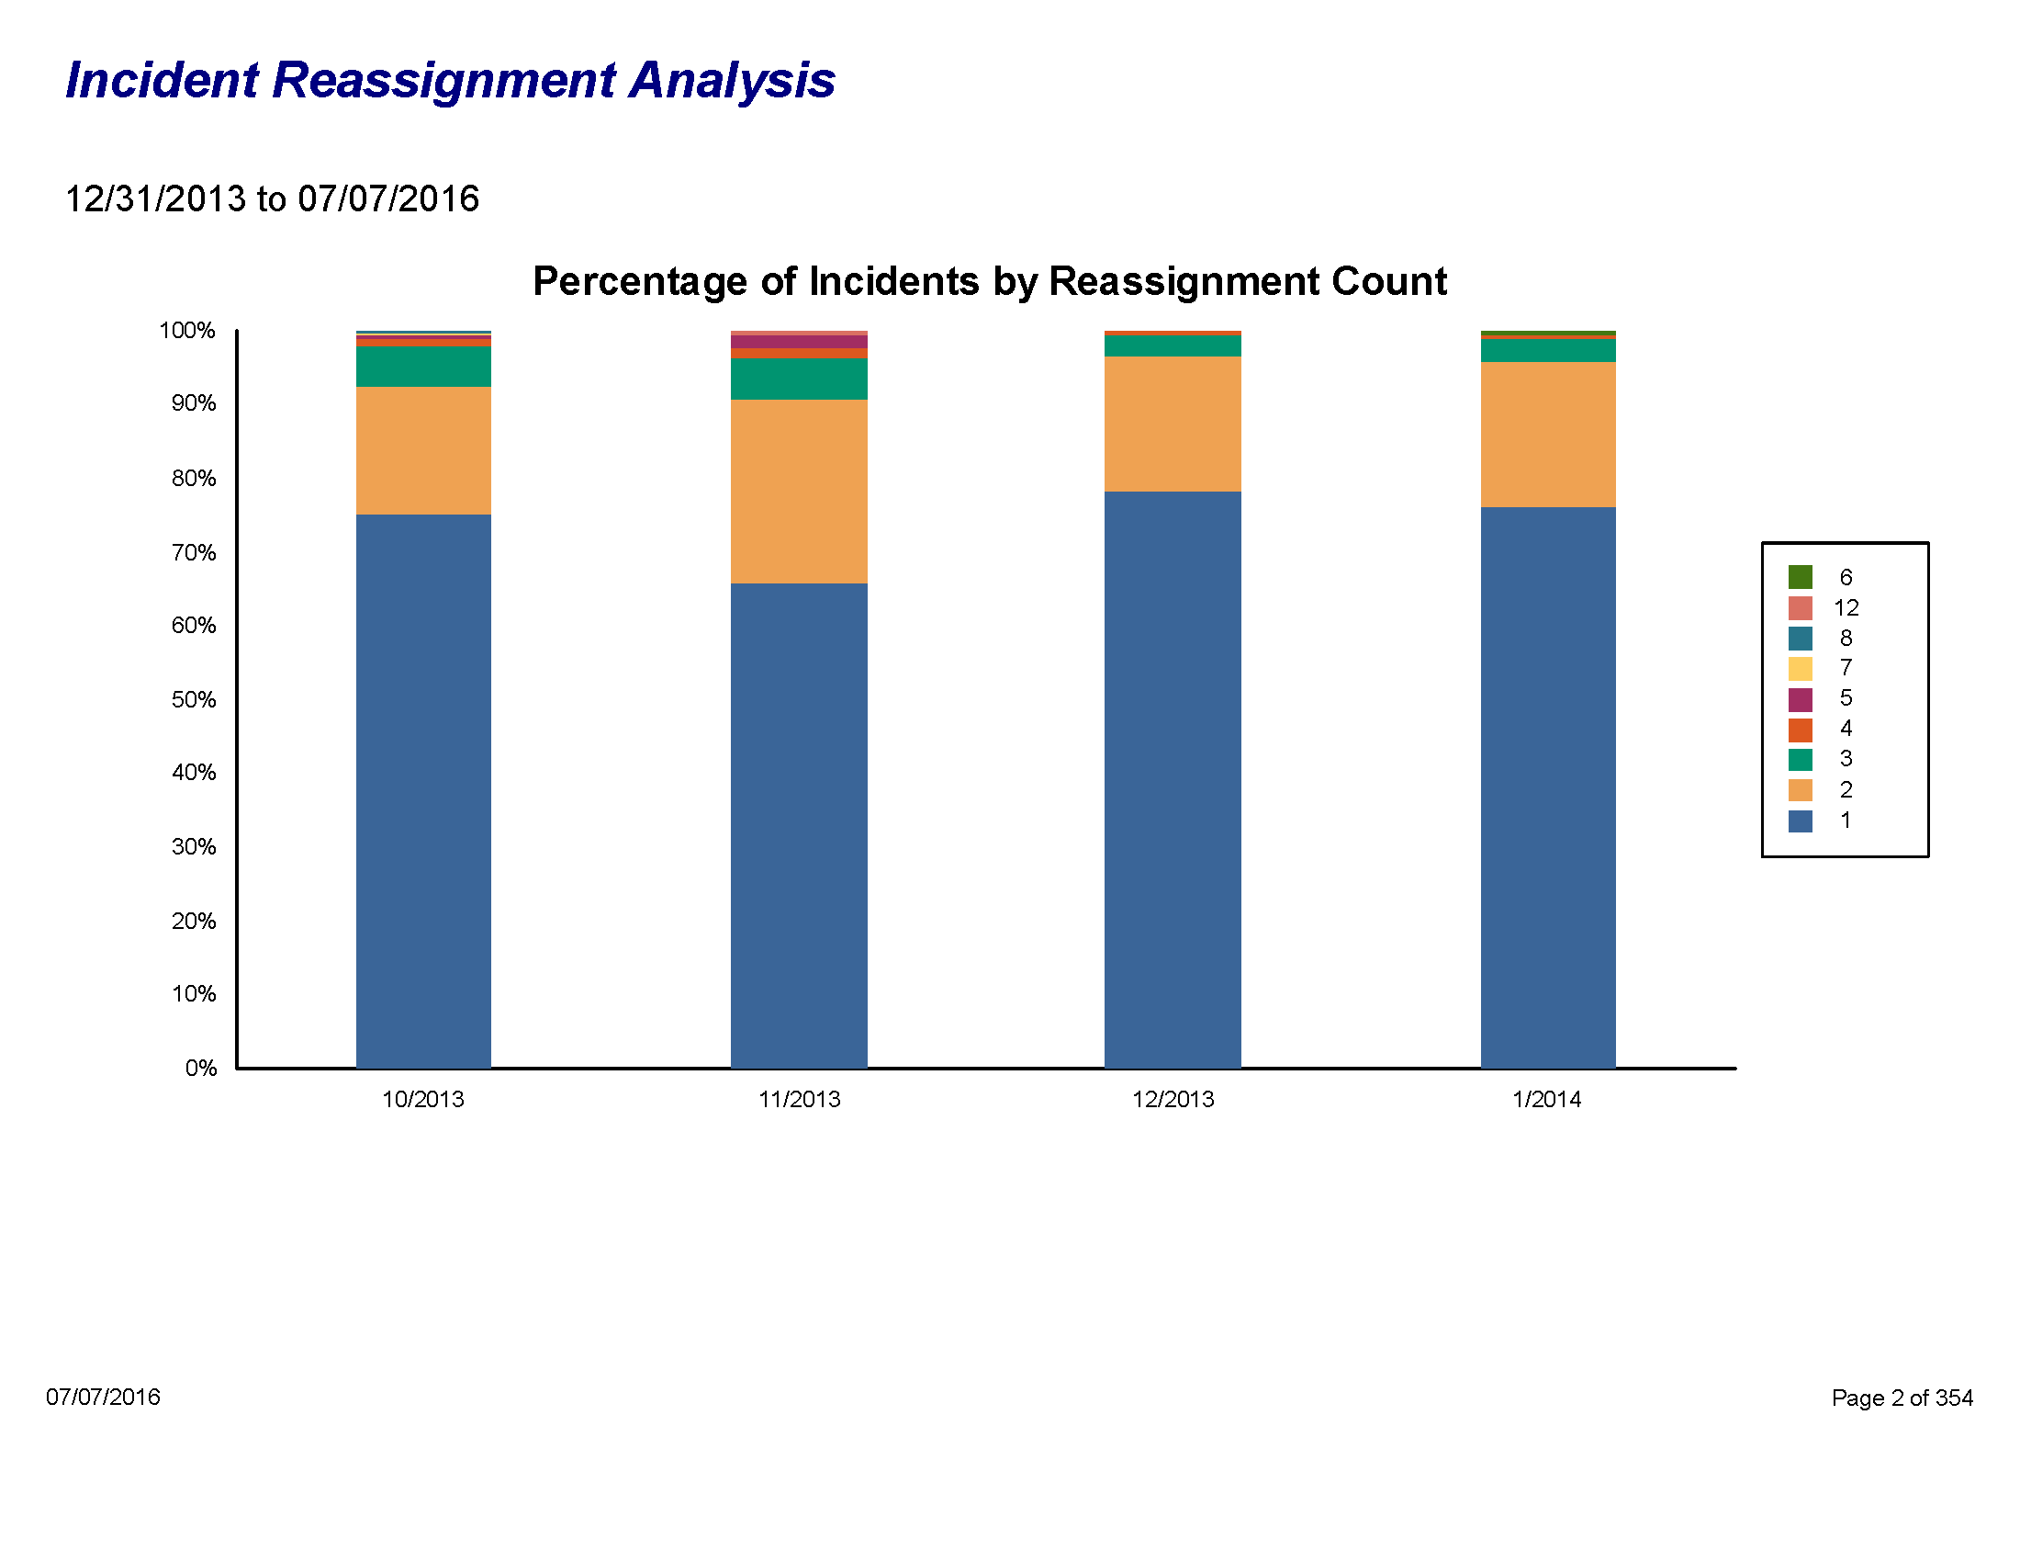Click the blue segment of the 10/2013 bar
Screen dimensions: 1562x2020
pyautogui.click(x=423, y=791)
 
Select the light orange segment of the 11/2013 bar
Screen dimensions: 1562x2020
pyautogui.click(x=799, y=492)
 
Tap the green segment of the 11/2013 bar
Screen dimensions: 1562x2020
pyautogui.click(x=799, y=379)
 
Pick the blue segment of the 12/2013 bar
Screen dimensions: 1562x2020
pyautogui.click(x=1173, y=779)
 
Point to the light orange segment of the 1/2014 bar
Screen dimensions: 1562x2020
pyautogui.click(x=1547, y=435)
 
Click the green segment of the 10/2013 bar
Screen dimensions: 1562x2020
pyautogui.click(x=423, y=367)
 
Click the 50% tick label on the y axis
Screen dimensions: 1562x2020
pyautogui.click(x=194, y=699)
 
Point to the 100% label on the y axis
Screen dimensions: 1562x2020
pyautogui.click(x=186, y=331)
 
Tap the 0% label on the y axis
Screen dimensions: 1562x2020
pyautogui.click(x=201, y=1069)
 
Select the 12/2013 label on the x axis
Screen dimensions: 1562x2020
pyautogui.click(x=1173, y=1099)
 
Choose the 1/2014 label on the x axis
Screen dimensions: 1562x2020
pyautogui.click(x=1546, y=1099)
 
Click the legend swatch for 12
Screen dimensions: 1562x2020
pyautogui.click(x=1800, y=608)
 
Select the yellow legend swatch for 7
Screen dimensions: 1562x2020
pyautogui.click(x=1800, y=668)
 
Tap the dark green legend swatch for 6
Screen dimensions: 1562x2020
pyautogui.click(x=1800, y=577)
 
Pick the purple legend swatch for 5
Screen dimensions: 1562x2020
pyautogui.click(x=1800, y=698)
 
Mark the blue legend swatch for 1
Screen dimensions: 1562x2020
pyautogui.click(x=1800, y=821)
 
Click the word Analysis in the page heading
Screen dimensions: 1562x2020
pyautogui.click(x=732, y=81)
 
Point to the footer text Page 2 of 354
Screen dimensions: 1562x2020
pyautogui.click(x=1902, y=1398)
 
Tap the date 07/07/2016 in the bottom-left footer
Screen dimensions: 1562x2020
pyautogui.click(x=103, y=1397)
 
